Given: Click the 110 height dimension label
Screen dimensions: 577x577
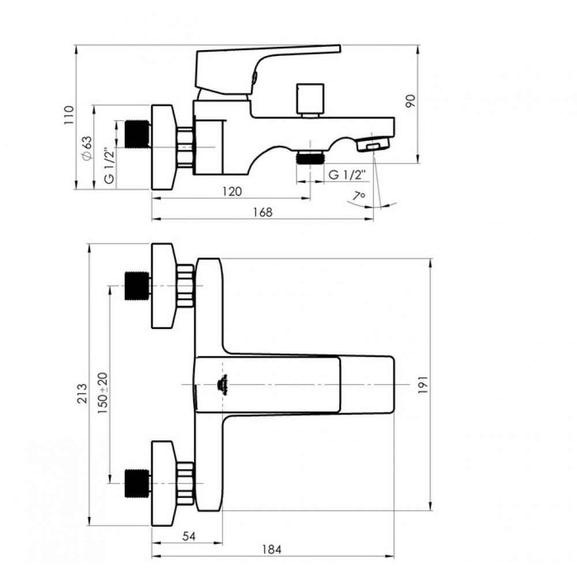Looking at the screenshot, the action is click(69, 115).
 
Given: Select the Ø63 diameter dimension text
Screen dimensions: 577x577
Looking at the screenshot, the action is click(87, 148).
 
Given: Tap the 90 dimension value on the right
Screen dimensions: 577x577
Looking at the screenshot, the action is click(410, 101).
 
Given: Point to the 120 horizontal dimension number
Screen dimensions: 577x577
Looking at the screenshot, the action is click(232, 192).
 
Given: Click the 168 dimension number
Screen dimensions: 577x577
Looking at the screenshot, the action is click(263, 212).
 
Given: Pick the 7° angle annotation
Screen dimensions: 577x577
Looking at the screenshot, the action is click(358, 196).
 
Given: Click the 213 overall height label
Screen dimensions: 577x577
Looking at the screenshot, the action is click(83, 393).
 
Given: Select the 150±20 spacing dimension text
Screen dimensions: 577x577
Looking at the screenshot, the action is click(103, 393).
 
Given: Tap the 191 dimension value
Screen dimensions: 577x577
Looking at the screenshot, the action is click(423, 385).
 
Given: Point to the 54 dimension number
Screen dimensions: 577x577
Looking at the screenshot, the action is click(189, 536).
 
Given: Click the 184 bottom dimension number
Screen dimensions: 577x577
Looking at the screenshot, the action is click(272, 549).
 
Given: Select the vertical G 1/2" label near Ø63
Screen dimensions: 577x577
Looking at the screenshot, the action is click(109, 166).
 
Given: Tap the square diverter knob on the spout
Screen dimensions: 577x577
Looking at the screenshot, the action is click(310, 99).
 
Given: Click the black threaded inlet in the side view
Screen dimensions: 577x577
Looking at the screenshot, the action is click(137, 134).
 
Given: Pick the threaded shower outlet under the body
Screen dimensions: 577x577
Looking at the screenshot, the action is click(310, 158).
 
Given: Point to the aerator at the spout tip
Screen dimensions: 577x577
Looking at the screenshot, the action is click(374, 144).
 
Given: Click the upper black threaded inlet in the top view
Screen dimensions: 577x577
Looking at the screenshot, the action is click(137, 286).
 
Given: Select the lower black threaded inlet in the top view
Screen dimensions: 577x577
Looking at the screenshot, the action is click(137, 483).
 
